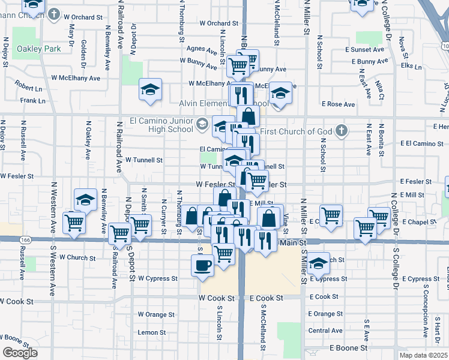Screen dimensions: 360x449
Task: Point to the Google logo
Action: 20,353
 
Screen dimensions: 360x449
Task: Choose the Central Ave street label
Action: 325,331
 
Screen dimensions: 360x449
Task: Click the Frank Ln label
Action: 32,101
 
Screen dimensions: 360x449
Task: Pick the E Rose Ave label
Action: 339,104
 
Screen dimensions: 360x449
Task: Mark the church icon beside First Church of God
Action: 342,130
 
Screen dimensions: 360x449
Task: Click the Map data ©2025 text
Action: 424,355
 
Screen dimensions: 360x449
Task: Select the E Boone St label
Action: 348,348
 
